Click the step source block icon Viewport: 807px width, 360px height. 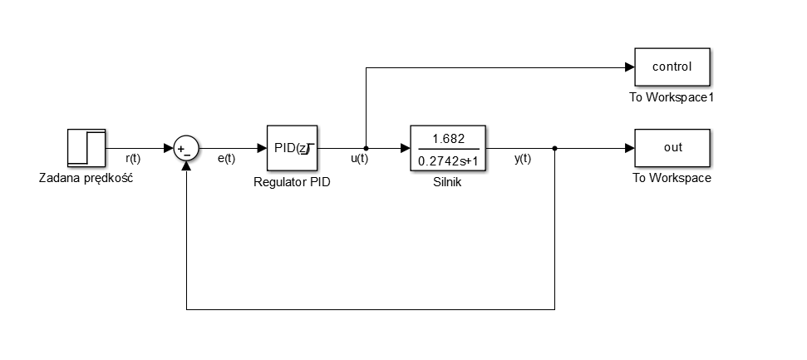[x=86, y=148]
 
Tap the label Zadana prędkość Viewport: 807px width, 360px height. [x=86, y=178]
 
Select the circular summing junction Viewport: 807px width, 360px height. [x=186, y=149]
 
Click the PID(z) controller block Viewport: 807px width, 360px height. [x=292, y=149]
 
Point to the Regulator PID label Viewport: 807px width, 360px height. [x=292, y=182]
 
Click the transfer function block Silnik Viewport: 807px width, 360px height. [x=448, y=149]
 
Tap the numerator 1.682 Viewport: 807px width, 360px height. [x=448, y=139]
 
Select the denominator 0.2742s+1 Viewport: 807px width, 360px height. [x=448, y=160]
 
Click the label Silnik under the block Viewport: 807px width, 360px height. [x=448, y=182]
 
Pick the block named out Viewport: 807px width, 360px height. [x=672, y=149]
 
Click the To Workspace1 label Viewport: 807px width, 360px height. [x=672, y=98]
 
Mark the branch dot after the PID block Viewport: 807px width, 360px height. [x=367, y=149]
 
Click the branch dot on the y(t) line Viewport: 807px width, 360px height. [x=554, y=149]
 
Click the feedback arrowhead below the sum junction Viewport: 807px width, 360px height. [x=186, y=165]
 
